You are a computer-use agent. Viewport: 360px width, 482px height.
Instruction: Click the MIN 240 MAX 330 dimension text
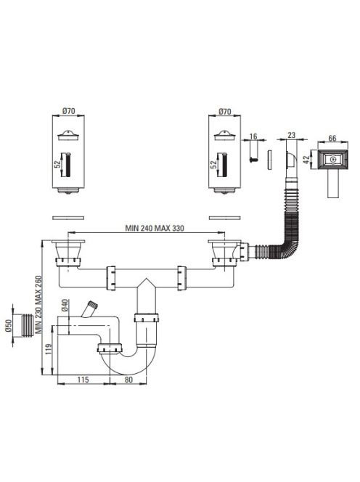pos(155,228)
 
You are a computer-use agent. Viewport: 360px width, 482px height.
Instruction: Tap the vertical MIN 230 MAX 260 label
pos(38,305)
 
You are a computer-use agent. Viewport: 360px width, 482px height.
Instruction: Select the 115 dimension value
pos(83,380)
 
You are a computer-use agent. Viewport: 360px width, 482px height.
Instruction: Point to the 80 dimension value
pos(128,380)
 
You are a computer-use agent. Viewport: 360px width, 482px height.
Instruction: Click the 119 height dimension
pos(49,349)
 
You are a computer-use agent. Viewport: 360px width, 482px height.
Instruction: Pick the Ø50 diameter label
pos(8,325)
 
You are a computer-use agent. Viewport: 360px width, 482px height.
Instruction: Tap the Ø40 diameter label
pos(65,306)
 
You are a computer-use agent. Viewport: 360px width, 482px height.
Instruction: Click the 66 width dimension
pos(332,138)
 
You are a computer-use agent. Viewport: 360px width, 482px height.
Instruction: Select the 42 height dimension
pos(306,160)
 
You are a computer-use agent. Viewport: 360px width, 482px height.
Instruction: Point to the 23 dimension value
pos(291,134)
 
